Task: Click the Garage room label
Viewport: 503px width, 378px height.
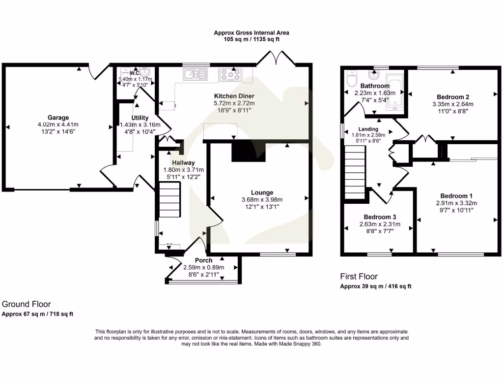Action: [58, 117]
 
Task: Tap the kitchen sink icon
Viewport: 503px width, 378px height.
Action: [195, 74]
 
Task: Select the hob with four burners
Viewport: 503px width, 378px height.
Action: [229, 74]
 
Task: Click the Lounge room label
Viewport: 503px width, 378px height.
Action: [262, 192]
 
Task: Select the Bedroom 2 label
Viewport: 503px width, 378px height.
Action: [452, 96]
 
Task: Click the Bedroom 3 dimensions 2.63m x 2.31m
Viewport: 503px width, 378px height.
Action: [380, 224]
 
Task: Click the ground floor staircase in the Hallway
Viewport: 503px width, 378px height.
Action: [169, 199]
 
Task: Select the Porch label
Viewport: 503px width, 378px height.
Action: [203, 260]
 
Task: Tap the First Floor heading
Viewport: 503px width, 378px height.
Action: [359, 277]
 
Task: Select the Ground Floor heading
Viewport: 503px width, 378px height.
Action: [27, 304]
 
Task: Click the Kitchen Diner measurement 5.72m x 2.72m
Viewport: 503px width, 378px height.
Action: [234, 103]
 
